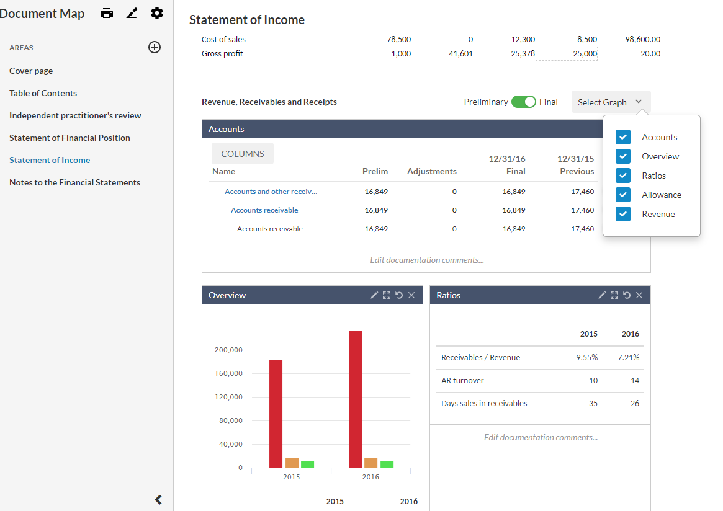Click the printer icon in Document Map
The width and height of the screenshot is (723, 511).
107,13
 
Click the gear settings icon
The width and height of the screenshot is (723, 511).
157,13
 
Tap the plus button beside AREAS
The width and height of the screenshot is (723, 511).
155,47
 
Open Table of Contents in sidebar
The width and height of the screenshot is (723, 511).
43,93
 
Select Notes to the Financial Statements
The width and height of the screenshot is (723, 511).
74,182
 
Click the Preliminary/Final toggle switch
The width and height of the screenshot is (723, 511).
523,102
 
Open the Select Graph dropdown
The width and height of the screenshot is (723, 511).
611,102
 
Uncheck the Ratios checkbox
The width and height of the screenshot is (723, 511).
623,176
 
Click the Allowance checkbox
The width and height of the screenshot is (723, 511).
623,195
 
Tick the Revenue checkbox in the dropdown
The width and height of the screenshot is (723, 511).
623,214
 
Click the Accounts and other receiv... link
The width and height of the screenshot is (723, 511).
271,192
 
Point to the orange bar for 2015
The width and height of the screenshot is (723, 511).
292,463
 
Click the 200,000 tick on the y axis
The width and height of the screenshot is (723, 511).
229,350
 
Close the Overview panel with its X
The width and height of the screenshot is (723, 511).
411,295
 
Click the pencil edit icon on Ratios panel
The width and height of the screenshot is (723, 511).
602,295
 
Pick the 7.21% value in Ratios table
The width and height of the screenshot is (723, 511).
628,358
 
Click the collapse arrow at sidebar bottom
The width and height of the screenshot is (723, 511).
158,499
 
